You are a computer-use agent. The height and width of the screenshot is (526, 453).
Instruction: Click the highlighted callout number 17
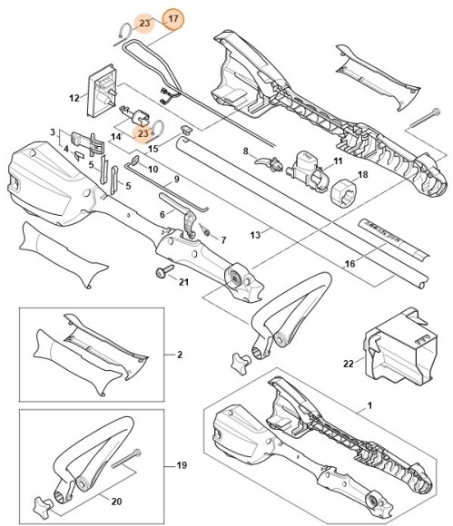(x=172, y=19)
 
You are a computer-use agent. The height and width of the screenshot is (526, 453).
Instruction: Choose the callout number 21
(x=183, y=281)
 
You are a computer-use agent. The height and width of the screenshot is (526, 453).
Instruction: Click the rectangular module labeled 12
(x=102, y=93)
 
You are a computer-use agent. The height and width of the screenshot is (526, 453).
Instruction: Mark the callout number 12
(x=74, y=96)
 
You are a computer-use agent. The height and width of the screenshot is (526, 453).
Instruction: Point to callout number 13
(x=256, y=233)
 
